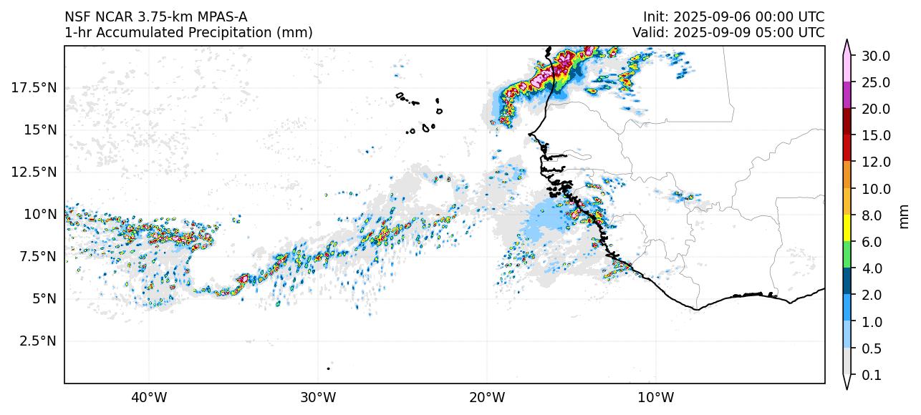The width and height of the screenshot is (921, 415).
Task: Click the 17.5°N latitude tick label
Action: coord(34,88)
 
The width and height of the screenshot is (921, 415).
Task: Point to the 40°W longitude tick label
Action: coord(149,397)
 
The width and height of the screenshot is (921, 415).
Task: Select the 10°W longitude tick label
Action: coord(655,397)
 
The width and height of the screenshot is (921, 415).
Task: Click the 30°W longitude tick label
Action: coord(318,397)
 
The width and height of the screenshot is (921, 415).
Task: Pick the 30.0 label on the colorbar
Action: coord(876,56)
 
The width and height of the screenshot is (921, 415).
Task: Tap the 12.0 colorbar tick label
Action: coord(876,162)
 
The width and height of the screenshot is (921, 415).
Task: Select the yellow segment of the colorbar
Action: coord(847,228)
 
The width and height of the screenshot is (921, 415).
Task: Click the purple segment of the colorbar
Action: coord(847,95)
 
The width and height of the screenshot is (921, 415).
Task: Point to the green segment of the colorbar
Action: coord(847,255)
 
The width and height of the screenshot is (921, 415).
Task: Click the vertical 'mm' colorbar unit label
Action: coord(904,215)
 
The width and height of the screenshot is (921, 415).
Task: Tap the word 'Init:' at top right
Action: coord(656,16)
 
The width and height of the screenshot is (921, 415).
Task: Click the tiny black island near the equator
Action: coord(329,368)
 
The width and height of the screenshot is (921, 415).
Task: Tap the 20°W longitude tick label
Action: coord(487,397)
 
